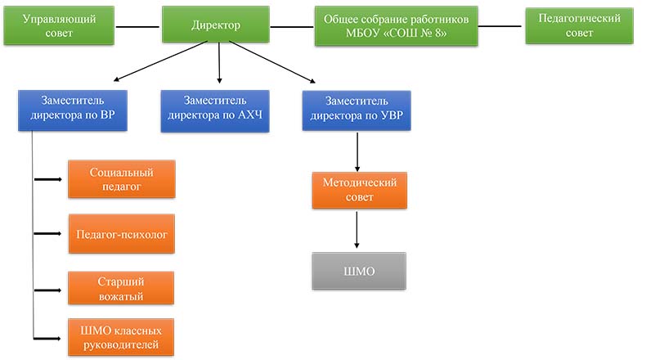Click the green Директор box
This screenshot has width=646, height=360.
click(216, 25)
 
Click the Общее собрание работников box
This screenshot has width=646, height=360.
click(396, 26)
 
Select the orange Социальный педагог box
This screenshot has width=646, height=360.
click(122, 179)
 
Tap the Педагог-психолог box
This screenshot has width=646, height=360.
click(122, 234)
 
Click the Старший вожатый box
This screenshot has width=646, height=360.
click(122, 289)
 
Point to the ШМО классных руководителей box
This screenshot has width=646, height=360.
click(122, 337)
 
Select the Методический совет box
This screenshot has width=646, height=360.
click(359, 191)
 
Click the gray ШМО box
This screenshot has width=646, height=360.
click(359, 271)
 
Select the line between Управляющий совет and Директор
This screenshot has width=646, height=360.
click(138, 25)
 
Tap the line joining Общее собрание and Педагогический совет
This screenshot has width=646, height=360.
click(500, 25)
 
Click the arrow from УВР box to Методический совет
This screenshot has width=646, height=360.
click(357, 151)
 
